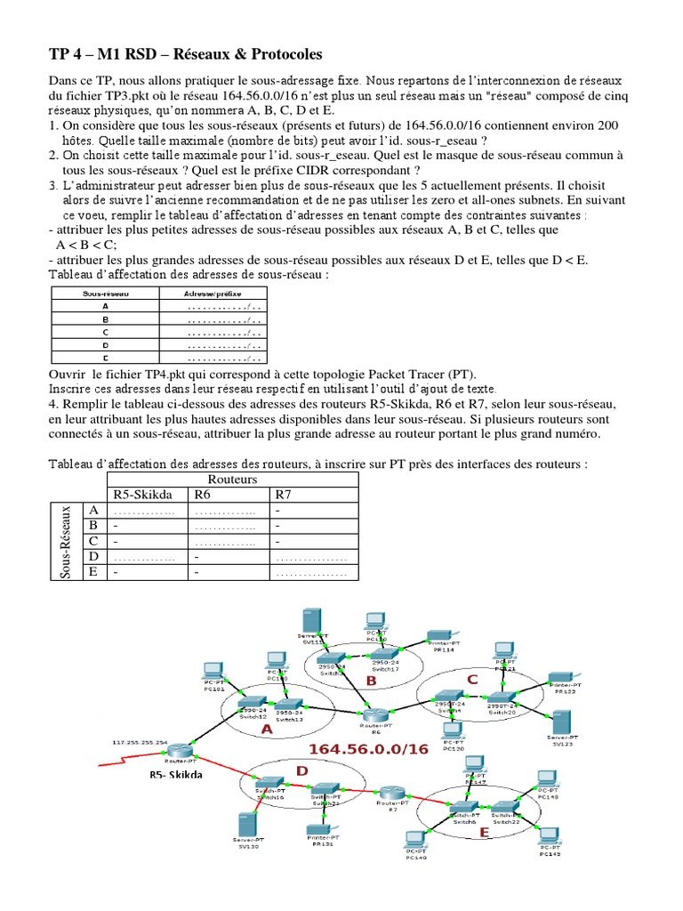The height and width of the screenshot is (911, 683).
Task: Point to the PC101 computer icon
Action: click(213, 673)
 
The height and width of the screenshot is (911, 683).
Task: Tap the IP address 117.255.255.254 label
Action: click(141, 740)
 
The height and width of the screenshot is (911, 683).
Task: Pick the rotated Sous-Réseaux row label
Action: click(66, 542)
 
